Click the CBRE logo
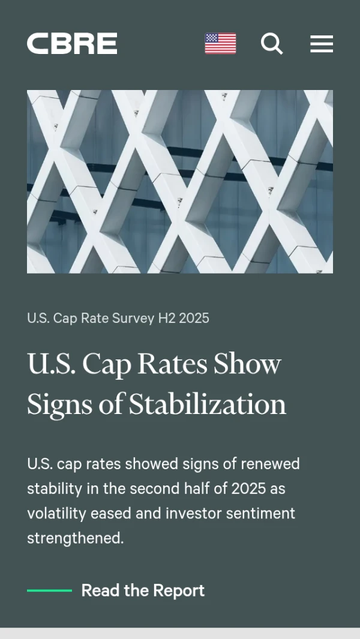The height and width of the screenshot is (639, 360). click(72, 44)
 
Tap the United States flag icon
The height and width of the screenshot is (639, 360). click(220, 44)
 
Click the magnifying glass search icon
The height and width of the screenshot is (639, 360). click(272, 44)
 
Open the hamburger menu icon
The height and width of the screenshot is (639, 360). click(322, 44)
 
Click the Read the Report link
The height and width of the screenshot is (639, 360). click(143, 590)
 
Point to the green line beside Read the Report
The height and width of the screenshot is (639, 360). click(49, 590)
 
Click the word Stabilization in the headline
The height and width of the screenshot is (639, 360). click(208, 404)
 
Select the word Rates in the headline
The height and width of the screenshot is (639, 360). click(170, 364)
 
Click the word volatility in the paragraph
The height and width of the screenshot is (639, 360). click(56, 514)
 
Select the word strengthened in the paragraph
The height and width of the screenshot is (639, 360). click(75, 538)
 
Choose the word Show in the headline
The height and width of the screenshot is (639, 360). click(247, 364)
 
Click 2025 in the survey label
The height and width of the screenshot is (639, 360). click(194, 318)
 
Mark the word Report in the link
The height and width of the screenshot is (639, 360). click(179, 590)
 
